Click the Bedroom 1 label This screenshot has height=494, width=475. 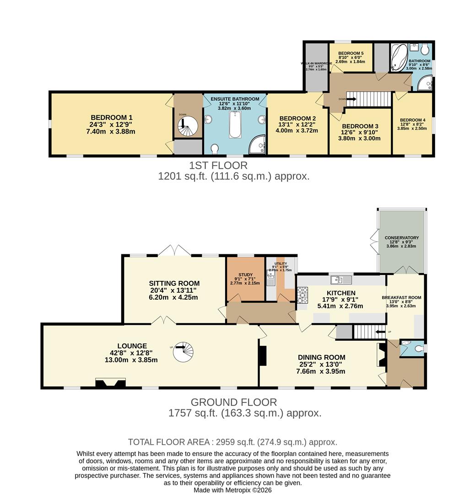(x=111, y=117)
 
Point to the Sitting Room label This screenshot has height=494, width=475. (x=174, y=284)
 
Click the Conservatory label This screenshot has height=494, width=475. (x=402, y=238)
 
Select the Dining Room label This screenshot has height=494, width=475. (x=321, y=357)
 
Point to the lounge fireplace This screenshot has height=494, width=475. (x=109, y=383)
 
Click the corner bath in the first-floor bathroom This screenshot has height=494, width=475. (x=399, y=58)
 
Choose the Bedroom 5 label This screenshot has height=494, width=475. (x=350, y=54)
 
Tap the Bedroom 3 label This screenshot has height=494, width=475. (x=360, y=126)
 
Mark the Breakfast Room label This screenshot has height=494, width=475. (x=401, y=298)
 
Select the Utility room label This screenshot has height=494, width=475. (x=280, y=264)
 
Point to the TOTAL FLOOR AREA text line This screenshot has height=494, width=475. (x=232, y=442)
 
